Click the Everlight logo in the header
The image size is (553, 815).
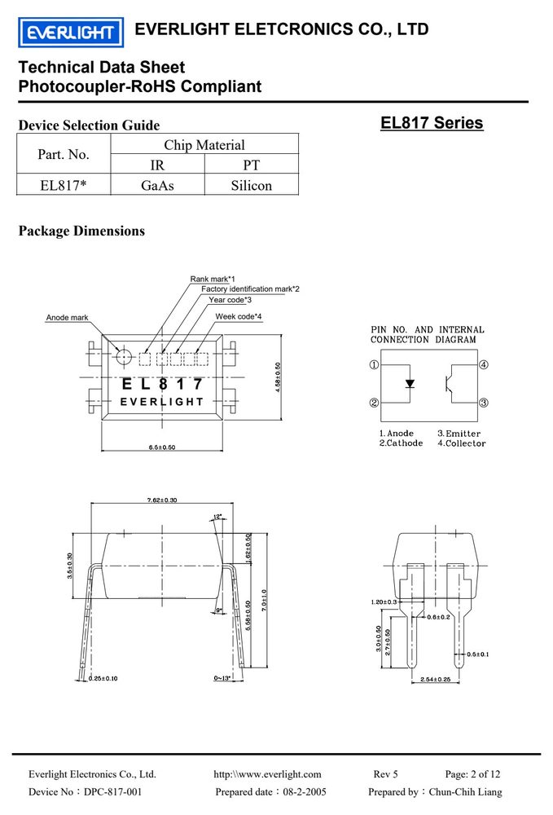(71, 33)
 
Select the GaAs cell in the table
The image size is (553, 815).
(157, 186)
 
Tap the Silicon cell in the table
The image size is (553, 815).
(252, 186)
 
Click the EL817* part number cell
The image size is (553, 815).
(63, 186)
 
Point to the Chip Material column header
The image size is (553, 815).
(204, 145)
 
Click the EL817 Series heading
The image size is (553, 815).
(432, 123)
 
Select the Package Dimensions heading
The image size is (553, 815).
(81, 231)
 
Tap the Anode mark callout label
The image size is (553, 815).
(67, 318)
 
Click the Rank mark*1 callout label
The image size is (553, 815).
(213, 279)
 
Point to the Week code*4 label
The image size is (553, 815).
(239, 316)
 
